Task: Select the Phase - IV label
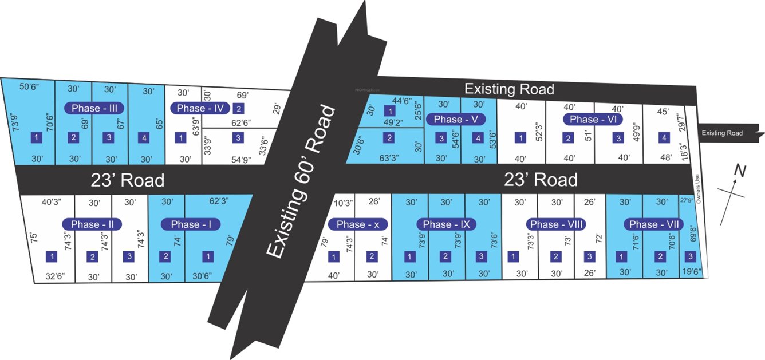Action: [x=199, y=108]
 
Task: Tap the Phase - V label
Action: [x=460, y=119]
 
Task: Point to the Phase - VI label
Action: [x=592, y=119]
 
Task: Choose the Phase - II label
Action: [x=92, y=224]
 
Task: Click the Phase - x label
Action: [x=358, y=224]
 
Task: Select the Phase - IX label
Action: [x=447, y=224]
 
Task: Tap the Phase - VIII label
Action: [x=555, y=224]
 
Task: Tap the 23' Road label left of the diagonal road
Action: [x=128, y=180]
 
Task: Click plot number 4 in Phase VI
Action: [x=664, y=138]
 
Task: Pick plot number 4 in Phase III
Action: [x=144, y=138]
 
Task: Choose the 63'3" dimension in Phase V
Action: [x=389, y=157]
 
